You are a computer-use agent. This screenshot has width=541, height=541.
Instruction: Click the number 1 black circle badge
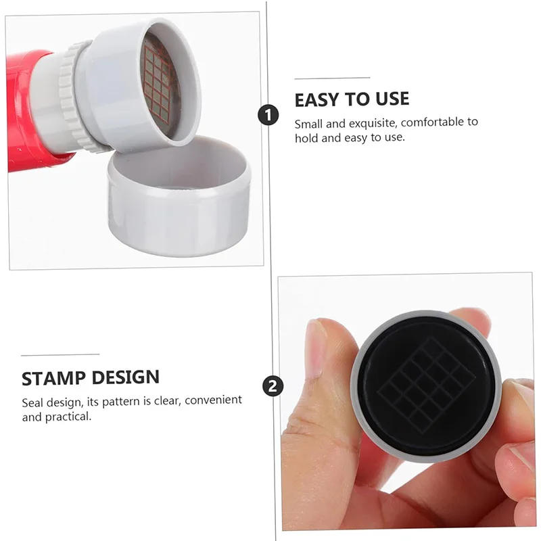268,115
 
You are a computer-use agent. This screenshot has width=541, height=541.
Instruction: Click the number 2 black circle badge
272,386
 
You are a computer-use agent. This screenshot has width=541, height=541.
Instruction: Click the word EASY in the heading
319,99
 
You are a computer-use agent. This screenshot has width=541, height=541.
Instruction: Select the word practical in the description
68,417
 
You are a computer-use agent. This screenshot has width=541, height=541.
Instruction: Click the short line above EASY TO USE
332,78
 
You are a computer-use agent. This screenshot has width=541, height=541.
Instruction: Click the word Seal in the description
32,400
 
